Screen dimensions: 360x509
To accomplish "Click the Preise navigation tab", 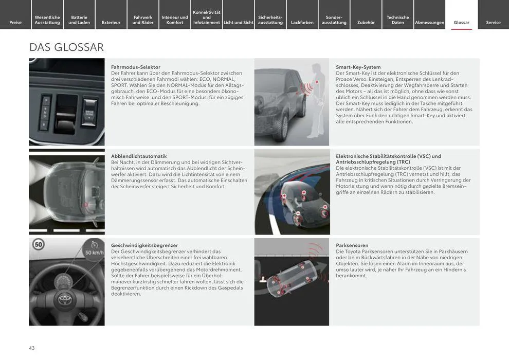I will click(x=15, y=22).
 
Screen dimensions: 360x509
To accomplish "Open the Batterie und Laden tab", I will click(x=79, y=20).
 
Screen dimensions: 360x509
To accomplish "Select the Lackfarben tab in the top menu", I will click(x=302, y=22).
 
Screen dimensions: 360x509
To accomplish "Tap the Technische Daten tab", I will click(x=398, y=20).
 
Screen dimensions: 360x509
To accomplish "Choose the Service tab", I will click(x=493, y=22).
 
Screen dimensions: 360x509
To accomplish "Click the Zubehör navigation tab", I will click(x=366, y=22).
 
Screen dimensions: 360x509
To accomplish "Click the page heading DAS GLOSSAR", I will click(x=66, y=47).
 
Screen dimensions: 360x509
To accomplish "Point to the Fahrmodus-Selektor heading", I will click(x=136, y=67).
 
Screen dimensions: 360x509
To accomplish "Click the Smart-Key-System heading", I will click(x=358, y=67).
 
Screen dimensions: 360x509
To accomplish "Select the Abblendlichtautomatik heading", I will click(x=139, y=156).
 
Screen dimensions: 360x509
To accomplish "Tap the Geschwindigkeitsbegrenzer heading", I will click(x=144, y=245).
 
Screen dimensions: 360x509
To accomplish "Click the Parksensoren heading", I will click(x=352, y=245).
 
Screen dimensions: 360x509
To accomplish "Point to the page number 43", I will click(x=32, y=348).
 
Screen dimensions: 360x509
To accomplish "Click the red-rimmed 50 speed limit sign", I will click(x=39, y=245).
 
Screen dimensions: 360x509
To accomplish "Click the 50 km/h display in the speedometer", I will click(x=94, y=252).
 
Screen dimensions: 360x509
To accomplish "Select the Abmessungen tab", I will click(x=429, y=22).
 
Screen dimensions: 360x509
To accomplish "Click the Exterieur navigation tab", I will click(x=111, y=22).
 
